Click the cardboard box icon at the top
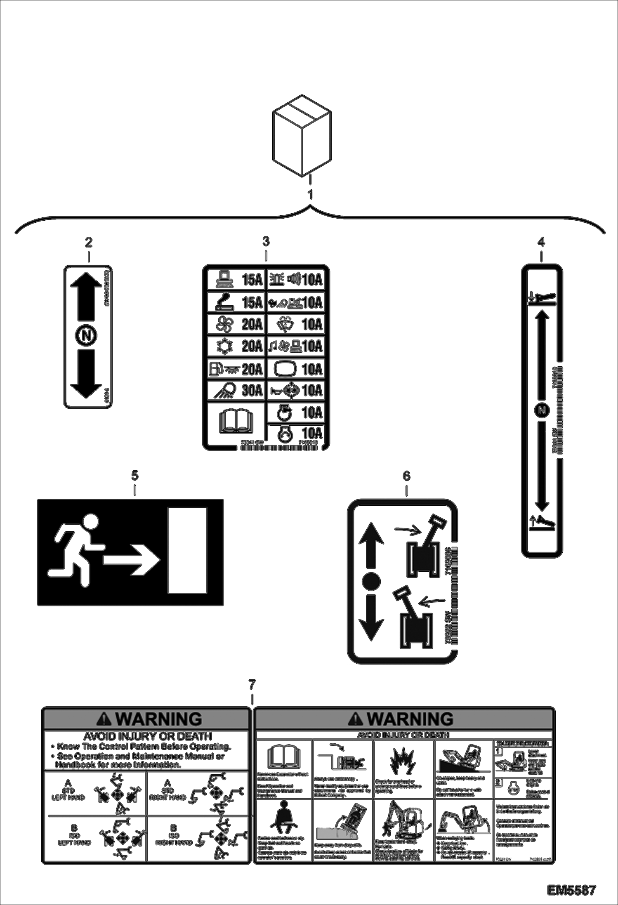(x=302, y=136)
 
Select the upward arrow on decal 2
(x=86, y=296)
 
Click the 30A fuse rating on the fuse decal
(x=252, y=390)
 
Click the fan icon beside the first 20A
(x=226, y=324)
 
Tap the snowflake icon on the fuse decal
(x=226, y=346)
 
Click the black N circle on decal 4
(x=542, y=410)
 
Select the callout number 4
(x=541, y=242)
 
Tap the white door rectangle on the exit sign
(x=187, y=550)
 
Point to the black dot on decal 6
(x=371, y=582)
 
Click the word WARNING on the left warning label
(x=159, y=719)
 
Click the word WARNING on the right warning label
(x=410, y=719)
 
